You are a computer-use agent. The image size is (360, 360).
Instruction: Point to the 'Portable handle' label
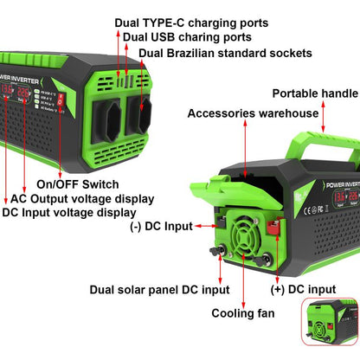point(315,93)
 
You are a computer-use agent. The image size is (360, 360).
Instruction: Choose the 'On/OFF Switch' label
point(74,183)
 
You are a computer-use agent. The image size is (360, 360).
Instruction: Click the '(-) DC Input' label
point(161,227)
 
